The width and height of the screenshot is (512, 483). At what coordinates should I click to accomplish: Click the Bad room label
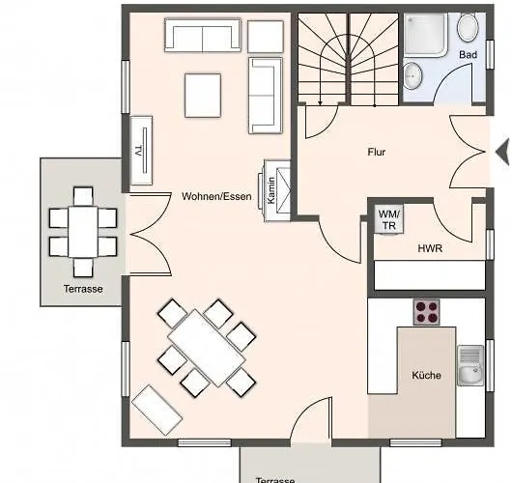pos(468,54)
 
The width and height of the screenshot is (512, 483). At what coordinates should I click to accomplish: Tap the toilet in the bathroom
pos(468,27)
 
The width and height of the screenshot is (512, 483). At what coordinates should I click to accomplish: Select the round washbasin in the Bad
pos(412,75)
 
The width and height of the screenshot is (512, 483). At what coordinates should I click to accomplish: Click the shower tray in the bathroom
pos(426,35)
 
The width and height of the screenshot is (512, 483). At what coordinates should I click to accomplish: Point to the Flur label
pos(377,152)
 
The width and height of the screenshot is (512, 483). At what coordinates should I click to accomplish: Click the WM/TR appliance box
pos(388,219)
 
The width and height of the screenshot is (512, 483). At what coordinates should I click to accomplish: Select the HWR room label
pos(430,248)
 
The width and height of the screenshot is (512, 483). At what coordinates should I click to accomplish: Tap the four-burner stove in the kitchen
pos(426,312)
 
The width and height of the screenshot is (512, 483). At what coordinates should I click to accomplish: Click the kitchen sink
pos(470,365)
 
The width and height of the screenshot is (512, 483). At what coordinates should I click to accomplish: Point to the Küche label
pos(426,375)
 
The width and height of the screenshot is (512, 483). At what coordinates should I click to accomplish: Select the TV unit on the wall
pos(141,151)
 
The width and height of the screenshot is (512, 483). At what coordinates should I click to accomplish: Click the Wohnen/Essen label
pos(216,196)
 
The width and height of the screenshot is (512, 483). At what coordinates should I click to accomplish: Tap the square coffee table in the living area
pos(203,96)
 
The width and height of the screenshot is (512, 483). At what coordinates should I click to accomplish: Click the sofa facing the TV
pos(266,96)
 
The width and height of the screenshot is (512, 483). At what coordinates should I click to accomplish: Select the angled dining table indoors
pos(207,348)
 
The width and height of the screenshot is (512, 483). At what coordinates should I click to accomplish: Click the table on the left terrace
pos(83,232)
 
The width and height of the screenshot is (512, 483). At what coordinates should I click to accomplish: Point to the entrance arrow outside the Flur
pos(502,152)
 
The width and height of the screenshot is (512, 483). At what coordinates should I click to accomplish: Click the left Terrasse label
pos(83,289)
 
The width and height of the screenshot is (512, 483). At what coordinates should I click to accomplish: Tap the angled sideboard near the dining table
pos(156,410)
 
